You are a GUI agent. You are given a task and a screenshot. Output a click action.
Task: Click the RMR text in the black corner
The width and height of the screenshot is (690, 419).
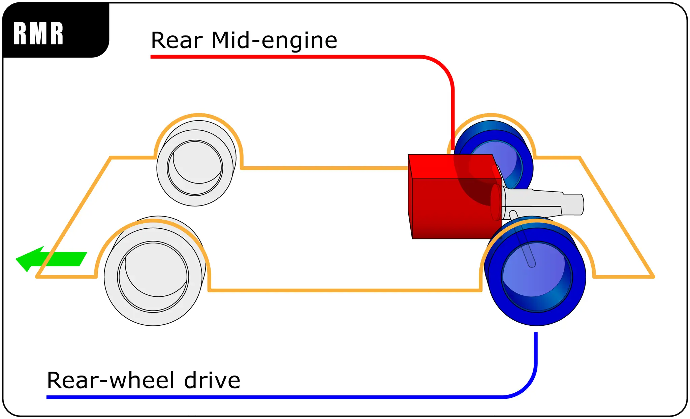pyautogui.click(x=38, y=33)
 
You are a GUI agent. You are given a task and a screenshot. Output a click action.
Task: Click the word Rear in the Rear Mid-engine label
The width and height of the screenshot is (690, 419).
pyautogui.click(x=177, y=40)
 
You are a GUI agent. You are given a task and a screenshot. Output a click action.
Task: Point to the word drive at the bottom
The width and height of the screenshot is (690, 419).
pyautogui.click(x=212, y=380)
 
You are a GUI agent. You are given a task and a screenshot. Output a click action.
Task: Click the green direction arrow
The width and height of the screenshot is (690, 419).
pyautogui.click(x=51, y=259)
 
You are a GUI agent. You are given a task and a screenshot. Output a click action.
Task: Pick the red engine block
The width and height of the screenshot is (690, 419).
pyautogui.click(x=455, y=197)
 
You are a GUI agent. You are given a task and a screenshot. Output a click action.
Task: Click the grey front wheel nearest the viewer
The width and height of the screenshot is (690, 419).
pyautogui.click(x=154, y=271)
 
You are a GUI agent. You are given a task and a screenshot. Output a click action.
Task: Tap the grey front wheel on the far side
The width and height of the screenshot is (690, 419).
pyautogui.click(x=196, y=163)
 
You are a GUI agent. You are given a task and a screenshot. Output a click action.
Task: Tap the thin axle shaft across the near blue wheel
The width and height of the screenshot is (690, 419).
pyautogui.click(x=522, y=239)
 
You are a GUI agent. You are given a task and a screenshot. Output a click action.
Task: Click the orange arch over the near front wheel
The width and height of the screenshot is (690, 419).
pyautogui.click(x=153, y=221)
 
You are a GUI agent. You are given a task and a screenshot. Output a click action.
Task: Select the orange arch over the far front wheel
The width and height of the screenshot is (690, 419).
pyautogui.click(x=199, y=115)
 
